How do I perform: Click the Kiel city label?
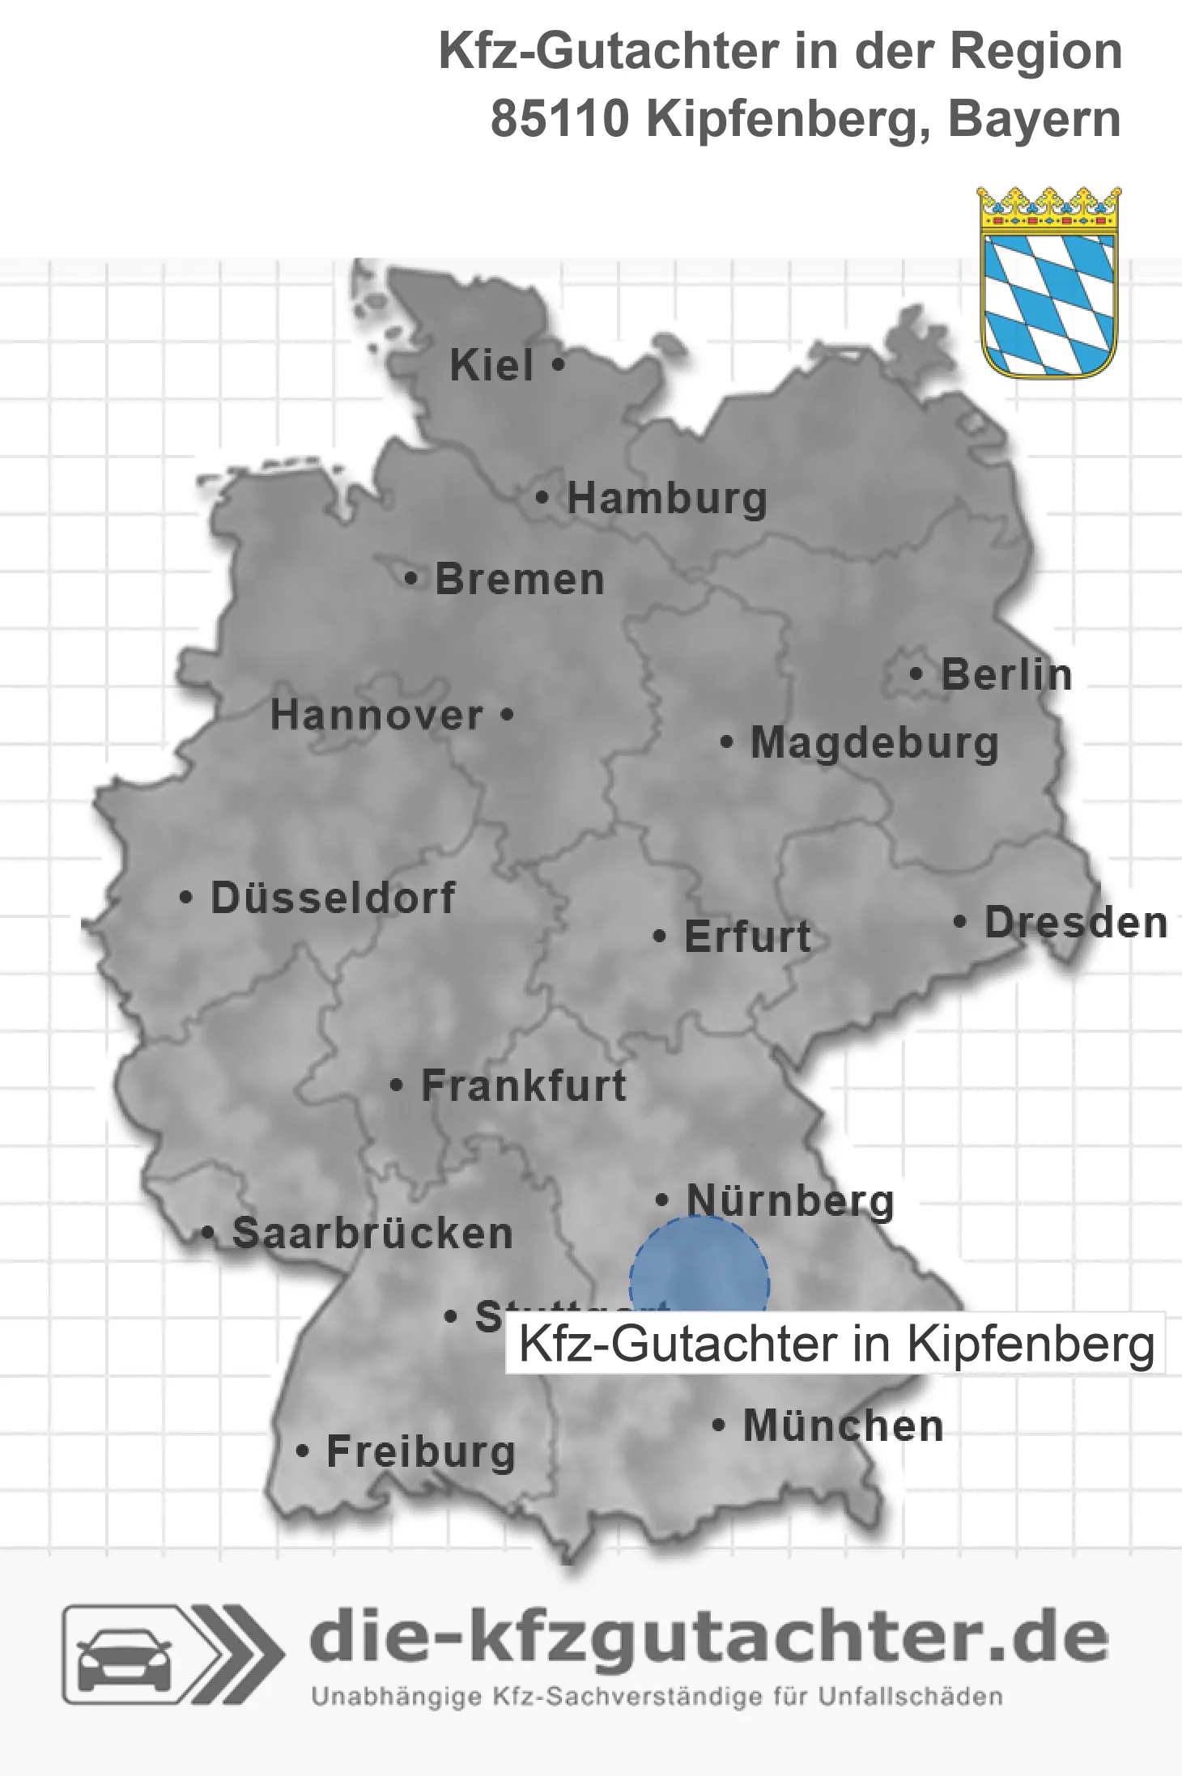click(491, 365)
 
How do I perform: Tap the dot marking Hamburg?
click(542, 497)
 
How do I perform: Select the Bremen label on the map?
click(520, 580)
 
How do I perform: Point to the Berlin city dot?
click(916, 673)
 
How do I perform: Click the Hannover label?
click(376, 716)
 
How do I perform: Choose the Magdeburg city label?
click(874, 743)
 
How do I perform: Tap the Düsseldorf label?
click(333, 898)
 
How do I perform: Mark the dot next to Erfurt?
click(660, 937)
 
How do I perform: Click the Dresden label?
click(1076, 923)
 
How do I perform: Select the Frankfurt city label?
click(524, 1086)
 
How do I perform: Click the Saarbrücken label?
click(372, 1234)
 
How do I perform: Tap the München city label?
click(844, 1425)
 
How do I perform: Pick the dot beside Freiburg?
click(303, 1451)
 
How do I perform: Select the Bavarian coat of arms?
click(1049, 283)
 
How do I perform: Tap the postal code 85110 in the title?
click(560, 120)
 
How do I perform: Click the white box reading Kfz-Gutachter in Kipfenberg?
click(835, 1345)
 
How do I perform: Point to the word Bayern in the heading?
click(1035, 120)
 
